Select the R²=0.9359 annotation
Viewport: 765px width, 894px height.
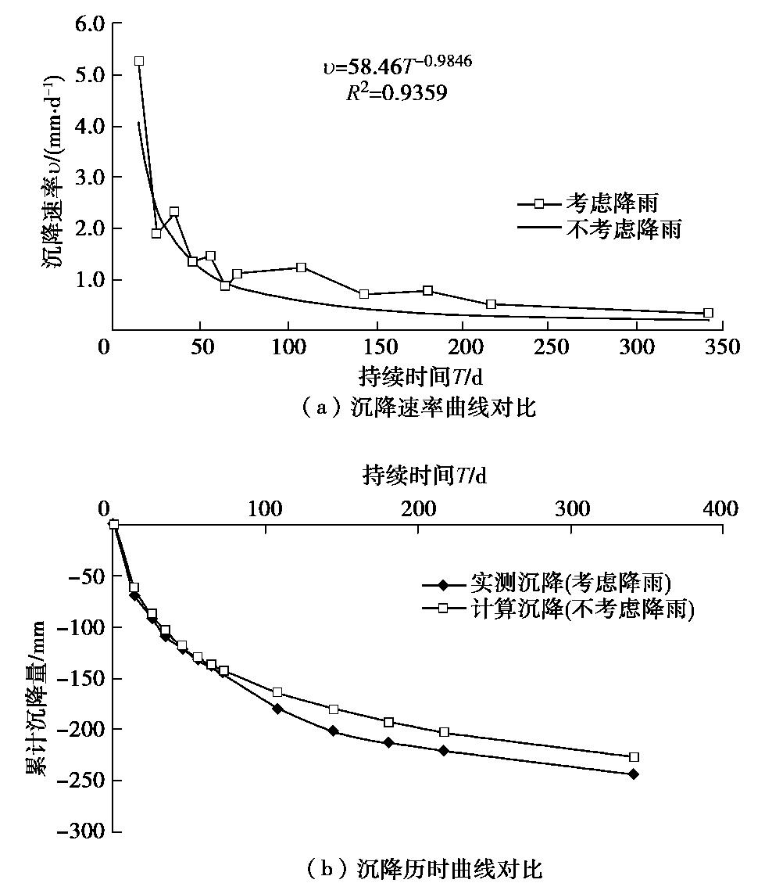397,93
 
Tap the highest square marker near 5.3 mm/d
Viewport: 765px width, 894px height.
139,61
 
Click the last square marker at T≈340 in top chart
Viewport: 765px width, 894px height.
708,313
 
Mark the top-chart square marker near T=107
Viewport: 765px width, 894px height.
302,267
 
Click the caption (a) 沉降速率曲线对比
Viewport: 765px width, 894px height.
420,408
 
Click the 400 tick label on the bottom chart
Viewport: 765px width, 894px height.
720,509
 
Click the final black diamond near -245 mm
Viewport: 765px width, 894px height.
633,774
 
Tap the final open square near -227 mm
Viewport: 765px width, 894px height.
634,757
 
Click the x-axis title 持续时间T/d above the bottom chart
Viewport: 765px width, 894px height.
424,475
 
